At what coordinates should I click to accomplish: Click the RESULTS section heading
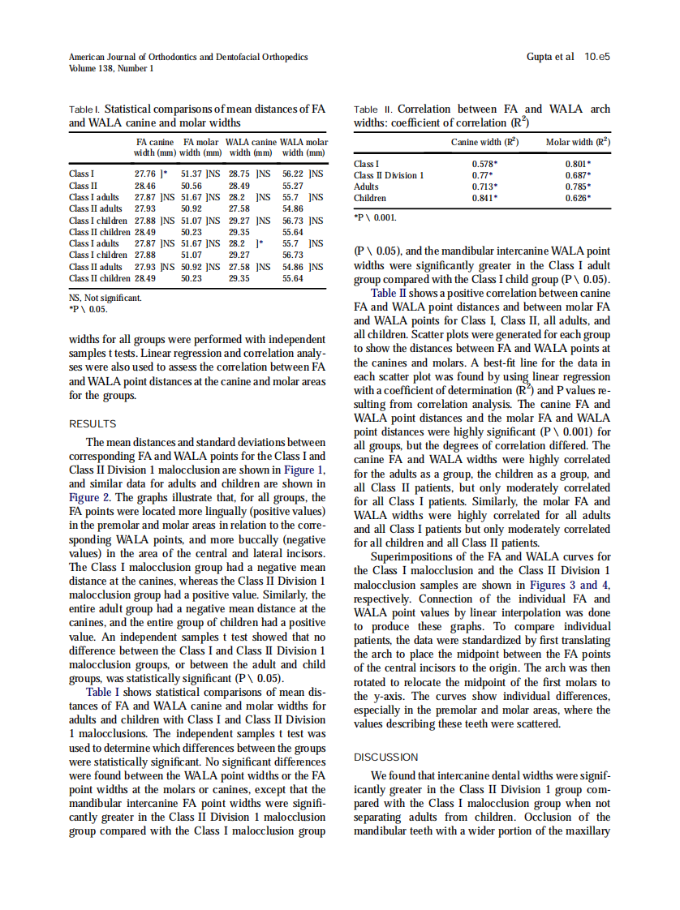[93, 424]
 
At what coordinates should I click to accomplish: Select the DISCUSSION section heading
[386, 757]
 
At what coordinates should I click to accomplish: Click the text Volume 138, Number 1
[111, 69]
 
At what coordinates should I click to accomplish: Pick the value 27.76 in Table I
[145, 174]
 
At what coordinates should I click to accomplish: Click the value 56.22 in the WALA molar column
[293, 174]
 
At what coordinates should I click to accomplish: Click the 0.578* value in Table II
[484, 164]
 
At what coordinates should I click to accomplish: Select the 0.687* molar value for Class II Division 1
[578, 175]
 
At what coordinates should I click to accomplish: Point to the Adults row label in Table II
[366, 187]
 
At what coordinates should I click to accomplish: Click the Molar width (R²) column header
[578, 143]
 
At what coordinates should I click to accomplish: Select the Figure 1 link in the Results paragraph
[308, 470]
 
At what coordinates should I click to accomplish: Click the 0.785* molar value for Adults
[578, 187]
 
